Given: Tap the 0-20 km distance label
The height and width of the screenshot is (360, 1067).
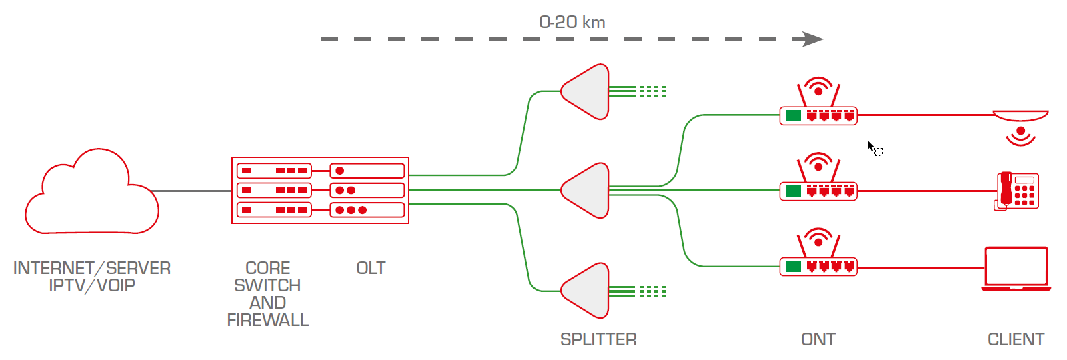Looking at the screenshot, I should pyautogui.click(x=572, y=22).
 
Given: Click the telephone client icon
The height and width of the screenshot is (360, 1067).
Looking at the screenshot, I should pyautogui.click(x=1017, y=191).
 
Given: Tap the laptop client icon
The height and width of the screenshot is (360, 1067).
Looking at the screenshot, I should pyautogui.click(x=1016, y=269).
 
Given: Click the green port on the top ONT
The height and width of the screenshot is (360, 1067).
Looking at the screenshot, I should pyautogui.click(x=794, y=116).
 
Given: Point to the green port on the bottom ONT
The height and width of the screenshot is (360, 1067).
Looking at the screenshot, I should pyautogui.click(x=794, y=267).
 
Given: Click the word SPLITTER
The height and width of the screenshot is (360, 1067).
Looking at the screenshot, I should pyautogui.click(x=598, y=340).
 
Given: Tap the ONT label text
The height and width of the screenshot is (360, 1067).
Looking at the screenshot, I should pyautogui.click(x=818, y=340).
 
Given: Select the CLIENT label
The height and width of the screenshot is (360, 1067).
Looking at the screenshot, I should pyautogui.click(x=1016, y=340).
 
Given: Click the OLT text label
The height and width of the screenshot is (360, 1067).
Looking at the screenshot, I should pyautogui.click(x=371, y=268).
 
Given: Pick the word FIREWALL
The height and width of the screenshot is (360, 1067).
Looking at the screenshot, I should pyautogui.click(x=267, y=321).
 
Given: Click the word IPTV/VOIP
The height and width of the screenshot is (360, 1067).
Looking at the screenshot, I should pyautogui.click(x=92, y=285).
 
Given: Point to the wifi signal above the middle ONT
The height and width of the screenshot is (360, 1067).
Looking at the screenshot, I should pyautogui.click(x=818, y=162).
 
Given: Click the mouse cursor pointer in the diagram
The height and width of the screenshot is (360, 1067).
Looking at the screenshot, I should pyautogui.click(x=870, y=145).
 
